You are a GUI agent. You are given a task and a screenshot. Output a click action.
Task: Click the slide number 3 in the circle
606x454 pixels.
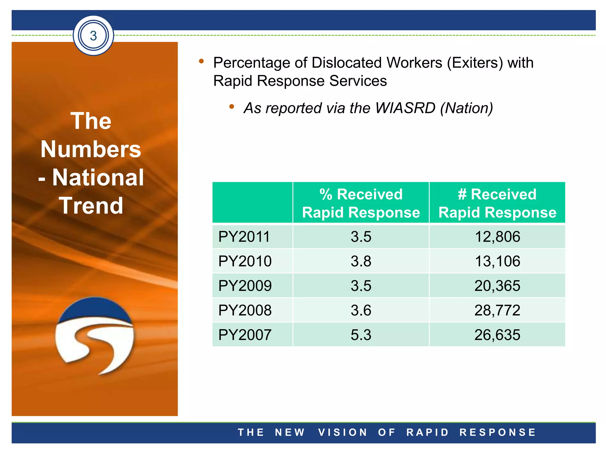pos(94,36)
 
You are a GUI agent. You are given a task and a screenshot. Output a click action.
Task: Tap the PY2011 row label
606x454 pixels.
pos(244,237)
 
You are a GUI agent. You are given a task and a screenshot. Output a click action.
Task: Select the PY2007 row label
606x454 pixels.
pos(245,335)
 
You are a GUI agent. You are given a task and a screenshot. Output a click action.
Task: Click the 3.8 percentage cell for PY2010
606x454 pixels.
pos(361,261)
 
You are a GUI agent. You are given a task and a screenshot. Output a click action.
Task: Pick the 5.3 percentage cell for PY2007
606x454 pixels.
pos(361,335)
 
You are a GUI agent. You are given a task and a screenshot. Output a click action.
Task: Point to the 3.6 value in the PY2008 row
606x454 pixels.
pos(361,310)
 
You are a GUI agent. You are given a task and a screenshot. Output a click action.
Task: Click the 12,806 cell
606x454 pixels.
pos(497,237)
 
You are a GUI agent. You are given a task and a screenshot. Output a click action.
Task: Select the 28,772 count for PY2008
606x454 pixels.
pos(497,310)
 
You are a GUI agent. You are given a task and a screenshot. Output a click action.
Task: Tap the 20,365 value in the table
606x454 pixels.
pos(497,286)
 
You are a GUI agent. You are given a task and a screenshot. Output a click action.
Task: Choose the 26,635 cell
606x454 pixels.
pos(497,335)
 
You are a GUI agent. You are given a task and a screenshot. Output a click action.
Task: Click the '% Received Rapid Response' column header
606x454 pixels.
pos(361,203)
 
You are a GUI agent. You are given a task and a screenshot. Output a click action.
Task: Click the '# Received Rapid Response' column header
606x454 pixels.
pos(497,203)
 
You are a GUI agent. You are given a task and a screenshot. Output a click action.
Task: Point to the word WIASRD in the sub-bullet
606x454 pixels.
pos(405,108)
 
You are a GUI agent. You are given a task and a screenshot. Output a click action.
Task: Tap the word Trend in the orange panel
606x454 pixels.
pos(91,206)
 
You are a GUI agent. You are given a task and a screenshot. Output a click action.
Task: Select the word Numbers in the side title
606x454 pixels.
pos(91,149)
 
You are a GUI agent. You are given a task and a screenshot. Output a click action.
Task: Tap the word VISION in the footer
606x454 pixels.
pos(343,432)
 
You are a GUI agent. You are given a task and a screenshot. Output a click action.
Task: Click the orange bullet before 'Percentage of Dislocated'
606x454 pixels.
pos(202,61)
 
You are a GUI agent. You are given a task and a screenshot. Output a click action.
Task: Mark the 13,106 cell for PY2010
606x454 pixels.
pos(497,261)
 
